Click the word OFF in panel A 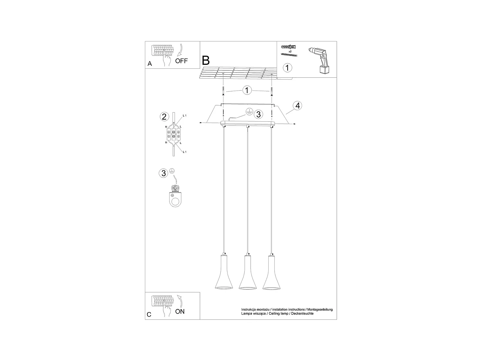coord(182,61)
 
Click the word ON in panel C coord(180,311)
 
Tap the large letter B coord(206,60)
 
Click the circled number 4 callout coord(298,106)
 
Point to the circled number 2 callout coord(164,116)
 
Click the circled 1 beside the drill coord(287,68)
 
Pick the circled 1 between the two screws coord(247,90)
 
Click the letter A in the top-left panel coord(150,64)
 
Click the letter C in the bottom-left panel coord(149,315)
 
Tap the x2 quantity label coord(290,51)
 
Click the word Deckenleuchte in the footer coord(302,314)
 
